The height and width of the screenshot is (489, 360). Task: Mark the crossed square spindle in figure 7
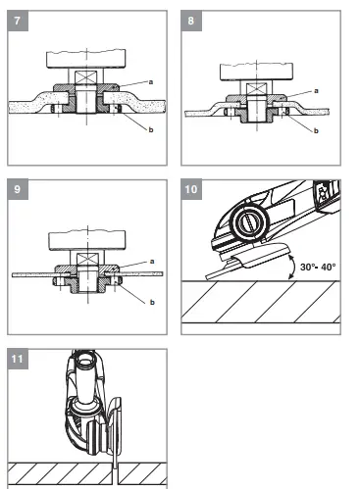click(85, 76)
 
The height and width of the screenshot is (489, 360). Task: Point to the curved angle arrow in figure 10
click(294, 263)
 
